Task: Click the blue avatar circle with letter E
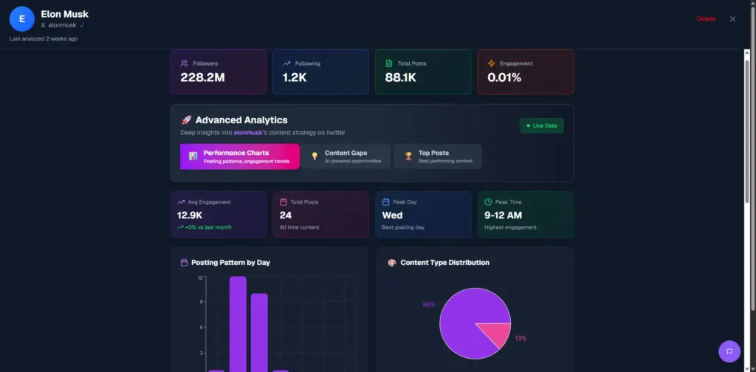click(22, 19)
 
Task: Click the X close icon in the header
click(732, 19)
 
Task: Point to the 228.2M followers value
click(202, 77)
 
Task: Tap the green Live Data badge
click(542, 125)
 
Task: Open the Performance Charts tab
click(240, 156)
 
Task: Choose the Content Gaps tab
click(346, 156)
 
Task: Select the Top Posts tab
click(438, 156)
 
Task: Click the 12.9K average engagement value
click(194, 215)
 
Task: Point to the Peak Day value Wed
click(392, 215)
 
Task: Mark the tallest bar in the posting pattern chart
click(238, 325)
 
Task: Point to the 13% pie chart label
click(520, 338)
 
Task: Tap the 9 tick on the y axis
click(200, 303)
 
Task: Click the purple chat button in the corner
click(729, 351)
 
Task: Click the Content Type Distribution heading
click(444, 262)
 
